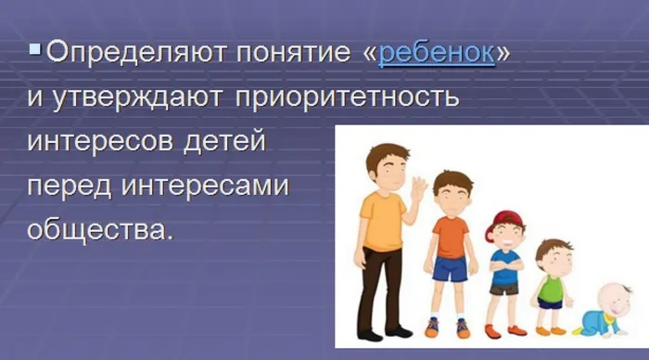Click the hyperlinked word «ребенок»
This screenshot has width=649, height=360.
pyautogui.click(x=436, y=53)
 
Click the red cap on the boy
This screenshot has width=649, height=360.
pyautogui.click(x=507, y=220)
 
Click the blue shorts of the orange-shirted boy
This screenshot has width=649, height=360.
pyautogui.click(x=451, y=268)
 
